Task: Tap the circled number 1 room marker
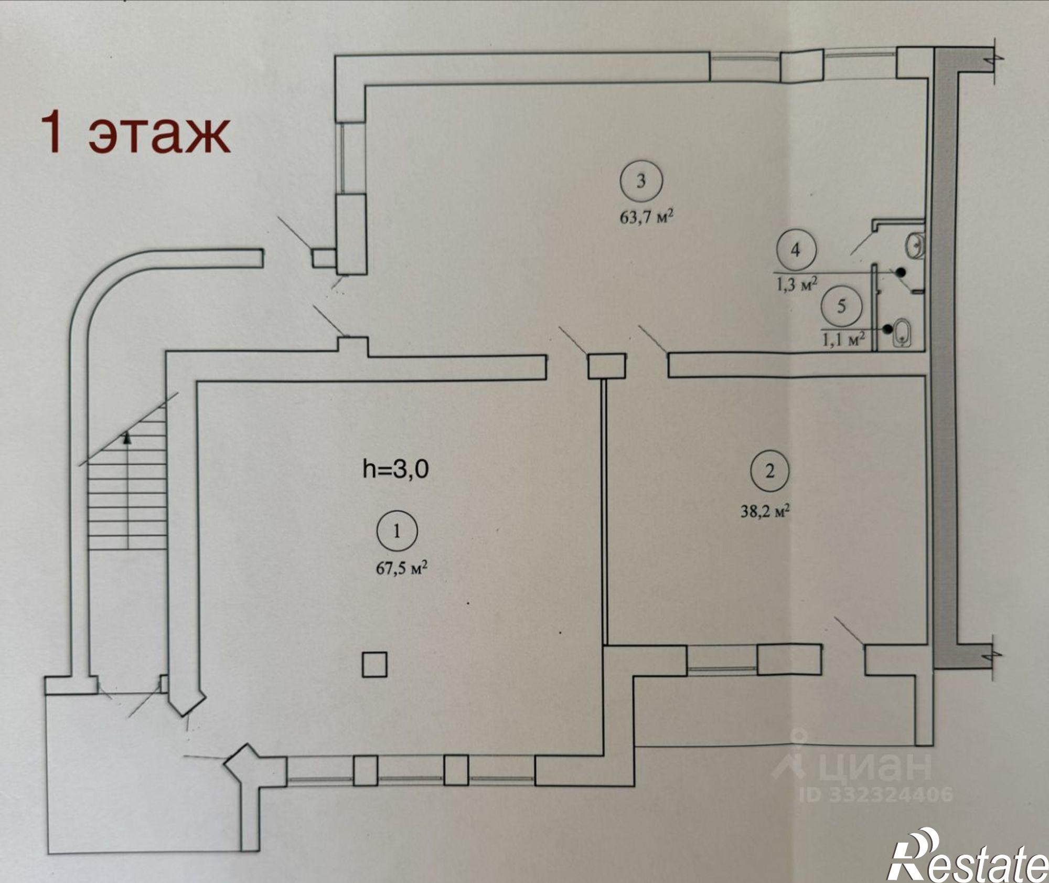tap(397, 531)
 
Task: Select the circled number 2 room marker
tap(769, 471)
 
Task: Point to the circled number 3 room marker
tap(641, 181)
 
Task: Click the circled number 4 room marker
tap(796, 250)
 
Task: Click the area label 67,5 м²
tap(401, 568)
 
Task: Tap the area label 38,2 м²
tap(765, 511)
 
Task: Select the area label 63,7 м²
tap(646, 217)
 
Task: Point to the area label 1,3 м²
tap(797, 285)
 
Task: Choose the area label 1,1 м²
tap(843, 339)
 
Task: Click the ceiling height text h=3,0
tap(395, 469)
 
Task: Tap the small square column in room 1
tap(374, 665)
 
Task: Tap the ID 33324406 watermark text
tap(876, 794)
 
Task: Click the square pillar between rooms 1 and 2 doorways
tap(606, 366)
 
